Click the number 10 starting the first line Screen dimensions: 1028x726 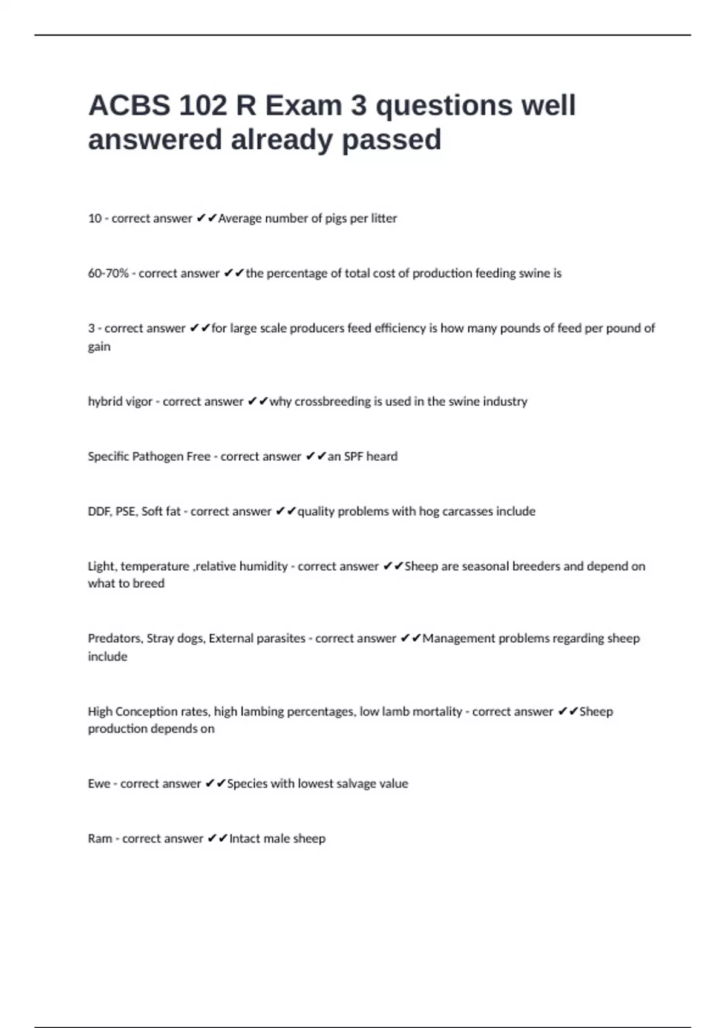94,218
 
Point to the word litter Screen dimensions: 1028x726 384,218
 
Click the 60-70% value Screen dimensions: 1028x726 108,273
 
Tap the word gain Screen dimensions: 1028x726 99,347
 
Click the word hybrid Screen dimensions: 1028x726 104,402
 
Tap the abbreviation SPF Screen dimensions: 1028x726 353,457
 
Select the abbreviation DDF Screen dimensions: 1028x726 99,512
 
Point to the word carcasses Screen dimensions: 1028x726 468,512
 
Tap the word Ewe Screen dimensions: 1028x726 99,784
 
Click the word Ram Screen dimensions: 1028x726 100,839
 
